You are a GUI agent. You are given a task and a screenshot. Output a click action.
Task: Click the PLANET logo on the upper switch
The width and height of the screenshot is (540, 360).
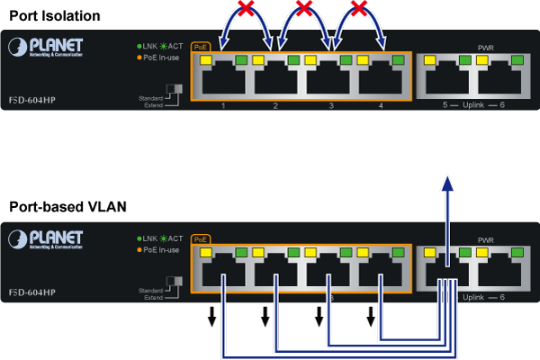point(46,46)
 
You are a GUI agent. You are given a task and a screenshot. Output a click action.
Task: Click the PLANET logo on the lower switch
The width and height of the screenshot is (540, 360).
point(46,238)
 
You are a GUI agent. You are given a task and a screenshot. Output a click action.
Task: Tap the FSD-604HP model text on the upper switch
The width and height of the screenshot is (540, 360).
point(31,99)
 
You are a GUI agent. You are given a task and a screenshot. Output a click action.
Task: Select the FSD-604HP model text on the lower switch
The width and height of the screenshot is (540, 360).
point(31,292)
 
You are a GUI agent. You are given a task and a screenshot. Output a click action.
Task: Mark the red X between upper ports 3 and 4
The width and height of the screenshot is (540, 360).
point(359,10)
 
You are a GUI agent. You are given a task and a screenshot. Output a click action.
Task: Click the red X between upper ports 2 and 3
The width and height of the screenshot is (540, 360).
point(305,10)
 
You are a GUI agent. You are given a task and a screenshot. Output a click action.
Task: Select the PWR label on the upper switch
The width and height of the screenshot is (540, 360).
point(487,47)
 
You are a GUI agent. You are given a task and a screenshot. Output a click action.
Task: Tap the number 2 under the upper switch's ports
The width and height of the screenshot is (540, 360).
point(276,106)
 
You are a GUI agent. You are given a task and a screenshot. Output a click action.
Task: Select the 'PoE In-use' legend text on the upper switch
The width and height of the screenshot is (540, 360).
point(162,58)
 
